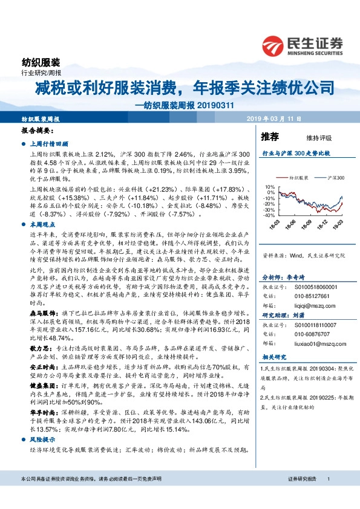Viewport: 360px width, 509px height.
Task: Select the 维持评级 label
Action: click(x=309, y=136)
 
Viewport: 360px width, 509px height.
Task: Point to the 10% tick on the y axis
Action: click(x=270, y=187)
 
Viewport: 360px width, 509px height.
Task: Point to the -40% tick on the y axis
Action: click(x=269, y=215)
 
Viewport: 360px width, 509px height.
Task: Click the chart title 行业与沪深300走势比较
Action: click(x=295, y=154)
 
